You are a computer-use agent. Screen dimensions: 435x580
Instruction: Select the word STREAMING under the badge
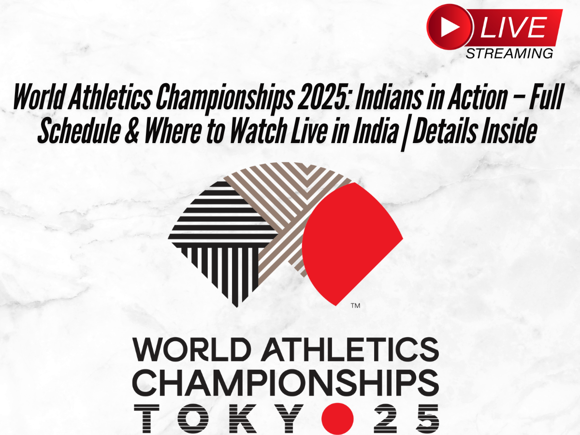(x=509, y=53)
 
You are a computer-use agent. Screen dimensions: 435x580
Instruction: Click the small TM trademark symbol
(x=355, y=305)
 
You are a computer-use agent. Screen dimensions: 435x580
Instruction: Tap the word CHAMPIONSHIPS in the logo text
(x=285, y=382)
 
